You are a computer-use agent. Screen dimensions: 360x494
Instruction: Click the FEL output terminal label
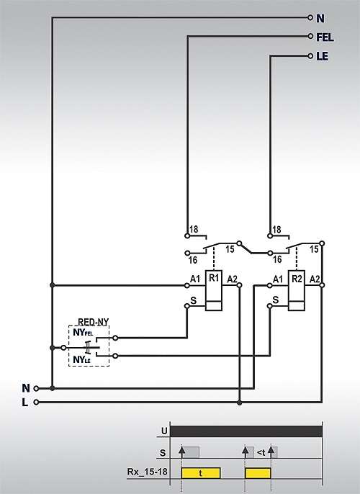click(325, 37)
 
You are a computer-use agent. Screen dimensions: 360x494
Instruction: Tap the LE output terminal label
click(322, 56)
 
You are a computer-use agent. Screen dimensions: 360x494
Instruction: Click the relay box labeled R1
click(214, 290)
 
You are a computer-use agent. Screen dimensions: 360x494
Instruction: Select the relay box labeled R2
click(297, 290)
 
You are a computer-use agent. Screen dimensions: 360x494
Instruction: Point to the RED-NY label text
click(93, 322)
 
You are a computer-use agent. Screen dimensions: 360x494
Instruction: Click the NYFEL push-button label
click(83, 333)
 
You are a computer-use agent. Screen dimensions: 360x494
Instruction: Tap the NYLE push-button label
click(81, 359)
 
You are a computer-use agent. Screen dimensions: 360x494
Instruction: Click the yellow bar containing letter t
click(201, 473)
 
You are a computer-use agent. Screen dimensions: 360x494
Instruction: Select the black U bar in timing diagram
click(246, 431)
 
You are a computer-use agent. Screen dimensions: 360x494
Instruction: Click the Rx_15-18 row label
click(147, 472)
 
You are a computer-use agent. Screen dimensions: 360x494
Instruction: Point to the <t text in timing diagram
click(261, 453)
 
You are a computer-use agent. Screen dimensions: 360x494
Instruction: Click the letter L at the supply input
click(25, 403)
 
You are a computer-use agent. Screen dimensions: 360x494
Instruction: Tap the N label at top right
click(320, 19)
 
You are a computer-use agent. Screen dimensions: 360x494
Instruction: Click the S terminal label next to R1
click(194, 300)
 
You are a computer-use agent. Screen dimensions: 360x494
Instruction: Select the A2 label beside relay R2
click(315, 279)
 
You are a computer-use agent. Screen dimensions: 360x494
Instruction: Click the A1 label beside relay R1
click(195, 279)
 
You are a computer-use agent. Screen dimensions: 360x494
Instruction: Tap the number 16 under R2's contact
click(277, 259)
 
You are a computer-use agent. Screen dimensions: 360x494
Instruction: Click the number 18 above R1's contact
click(194, 229)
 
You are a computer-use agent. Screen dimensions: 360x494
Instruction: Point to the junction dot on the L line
click(239, 403)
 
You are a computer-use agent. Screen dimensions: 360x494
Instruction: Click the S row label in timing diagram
click(163, 453)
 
